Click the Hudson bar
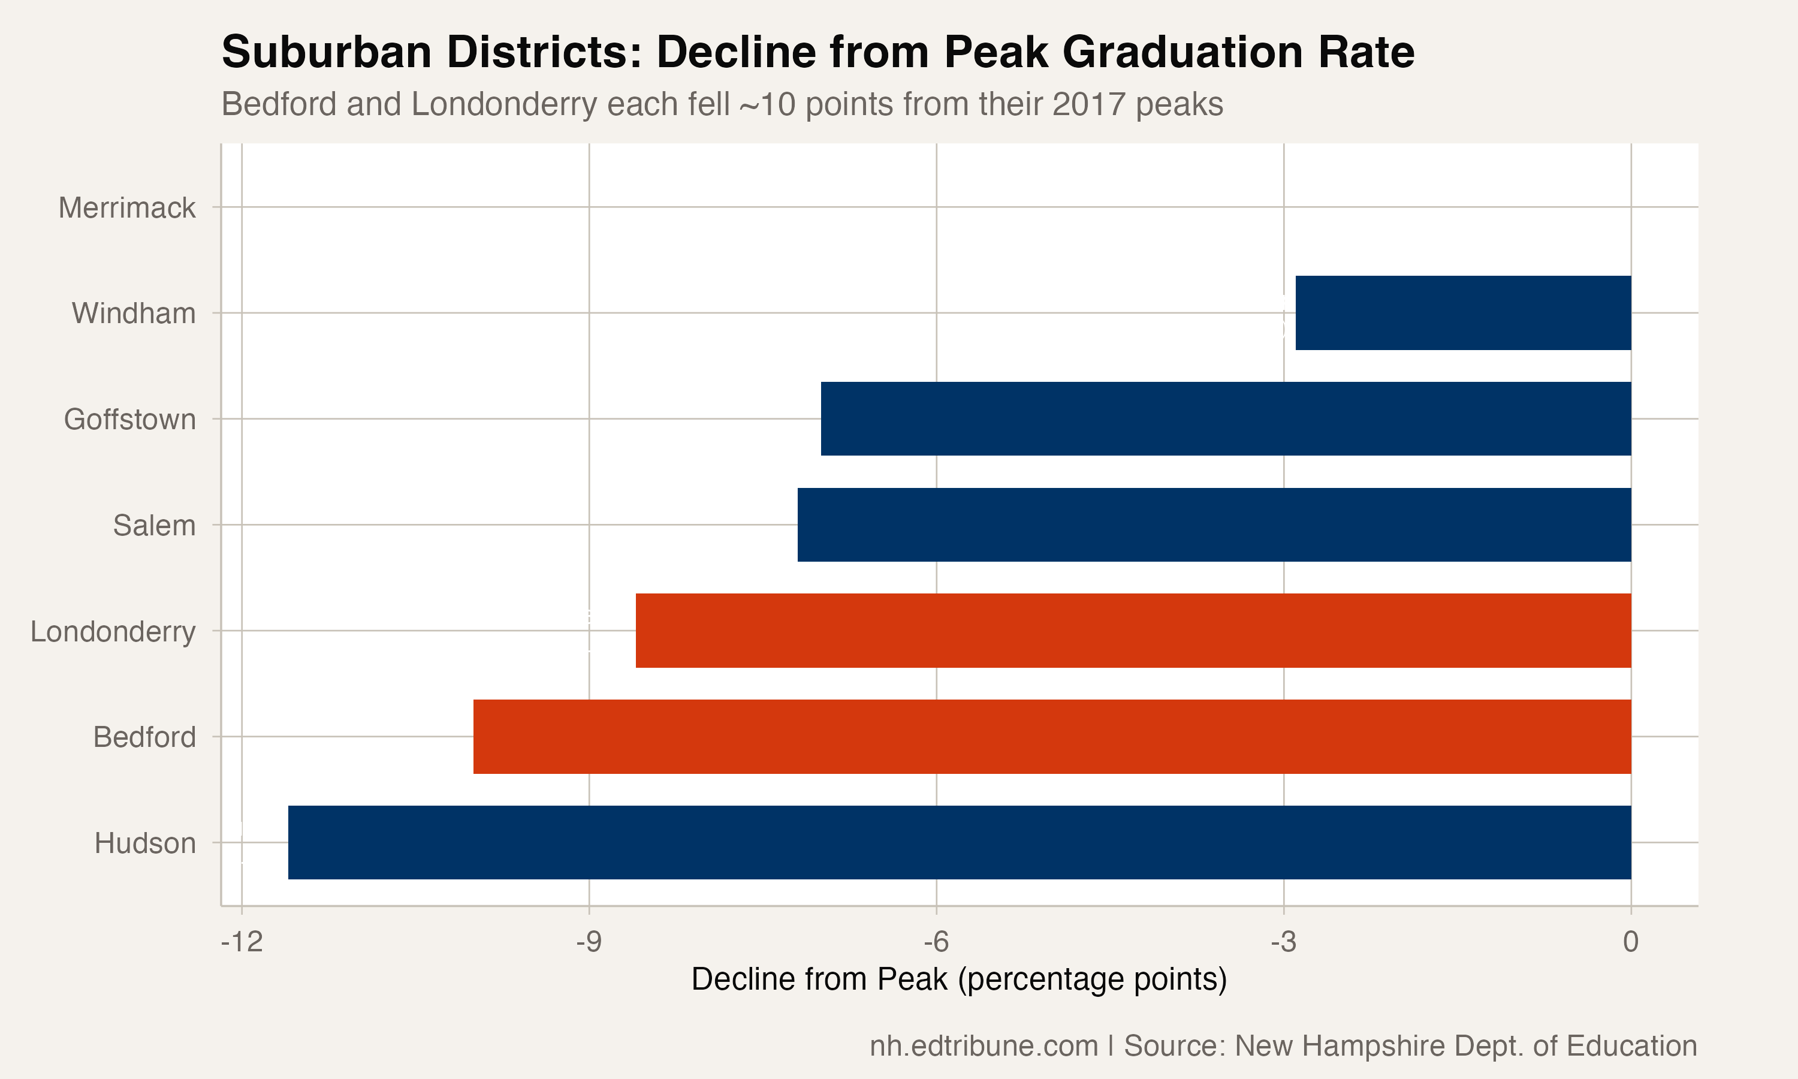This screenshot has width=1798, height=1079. coord(960,842)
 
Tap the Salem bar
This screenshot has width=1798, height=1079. coord(1214,525)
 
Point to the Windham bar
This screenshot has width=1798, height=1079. coord(1463,313)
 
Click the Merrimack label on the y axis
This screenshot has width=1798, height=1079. coord(126,208)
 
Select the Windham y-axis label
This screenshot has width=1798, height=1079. coord(134,314)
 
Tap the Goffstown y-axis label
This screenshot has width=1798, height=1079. coord(129,420)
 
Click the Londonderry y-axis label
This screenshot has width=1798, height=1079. coord(113,631)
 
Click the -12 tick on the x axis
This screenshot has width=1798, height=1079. coord(242,942)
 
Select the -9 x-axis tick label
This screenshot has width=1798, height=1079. coord(589,942)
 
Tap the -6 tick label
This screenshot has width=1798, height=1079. coord(936,942)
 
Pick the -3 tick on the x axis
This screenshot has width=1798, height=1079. coord(1283,942)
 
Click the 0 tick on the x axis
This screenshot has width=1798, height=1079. coord(1631,942)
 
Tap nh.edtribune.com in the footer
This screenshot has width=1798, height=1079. coord(984,1045)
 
